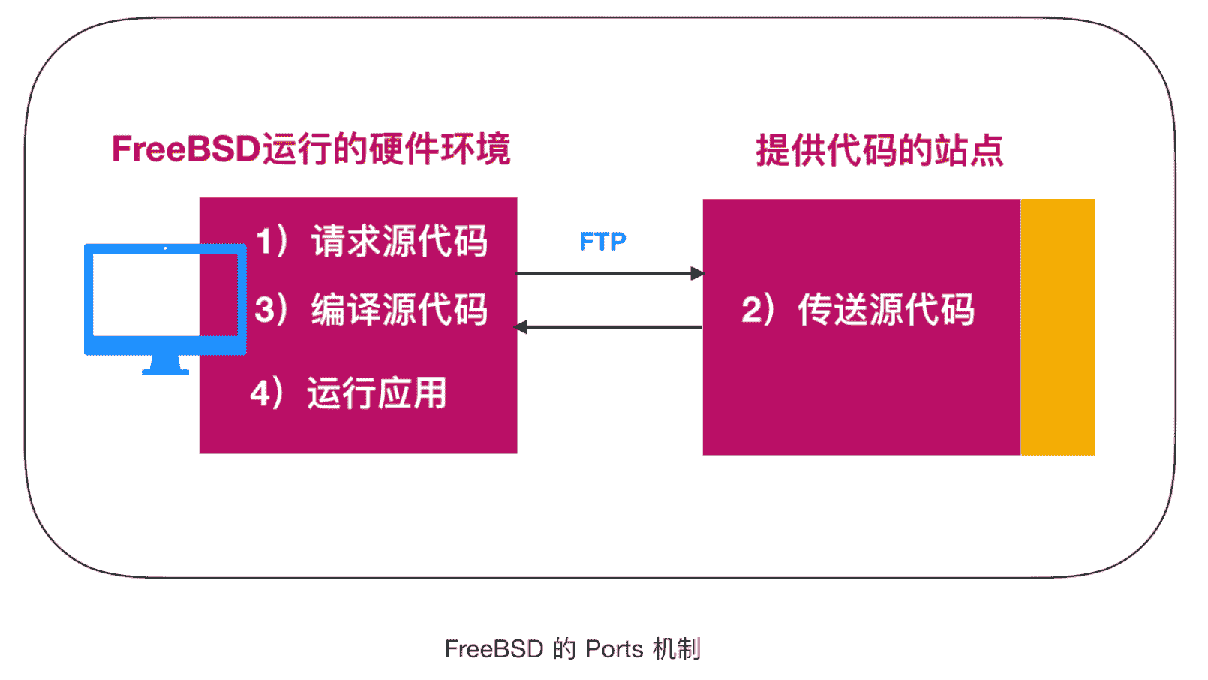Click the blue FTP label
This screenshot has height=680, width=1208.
[x=602, y=242]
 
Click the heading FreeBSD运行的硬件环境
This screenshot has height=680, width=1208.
[x=311, y=149]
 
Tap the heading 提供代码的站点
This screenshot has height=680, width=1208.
[x=879, y=150]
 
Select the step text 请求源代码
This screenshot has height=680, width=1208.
[x=399, y=242]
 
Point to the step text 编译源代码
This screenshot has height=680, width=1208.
[x=399, y=310]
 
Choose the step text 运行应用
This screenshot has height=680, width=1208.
[x=377, y=393]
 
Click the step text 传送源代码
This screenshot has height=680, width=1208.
[x=885, y=310]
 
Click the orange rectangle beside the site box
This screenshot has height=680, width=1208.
[x=1057, y=327]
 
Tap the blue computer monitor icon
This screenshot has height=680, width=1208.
[x=164, y=296]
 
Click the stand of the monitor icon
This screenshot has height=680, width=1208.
[x=165, y=365]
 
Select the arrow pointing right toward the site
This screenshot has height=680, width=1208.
[x=609, y=273]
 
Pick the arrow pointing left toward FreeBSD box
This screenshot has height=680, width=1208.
[x=609, y=327]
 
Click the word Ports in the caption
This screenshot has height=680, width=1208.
[x=614, y=649]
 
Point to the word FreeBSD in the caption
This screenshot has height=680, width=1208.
[x=493, y=649]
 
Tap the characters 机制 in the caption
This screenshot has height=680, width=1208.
[x=677, y=649]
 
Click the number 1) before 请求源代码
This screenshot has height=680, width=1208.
[x=271, y=242]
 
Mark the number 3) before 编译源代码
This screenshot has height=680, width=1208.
[x=271, y=310]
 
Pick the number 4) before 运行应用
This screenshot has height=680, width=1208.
[x=267, y=393]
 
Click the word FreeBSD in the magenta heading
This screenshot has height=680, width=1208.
[x=185, y=149]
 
